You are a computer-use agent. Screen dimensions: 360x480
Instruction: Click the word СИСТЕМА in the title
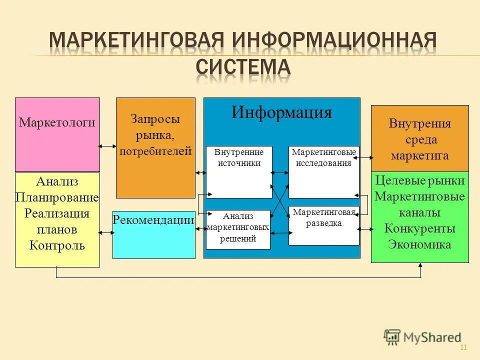243,66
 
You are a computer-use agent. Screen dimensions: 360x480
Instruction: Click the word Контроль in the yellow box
57,245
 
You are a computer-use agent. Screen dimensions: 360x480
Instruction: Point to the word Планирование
57,197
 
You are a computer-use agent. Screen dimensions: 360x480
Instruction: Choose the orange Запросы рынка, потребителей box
155,147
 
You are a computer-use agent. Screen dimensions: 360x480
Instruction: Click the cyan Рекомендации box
153,235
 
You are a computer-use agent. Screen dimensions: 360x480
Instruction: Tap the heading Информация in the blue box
281,112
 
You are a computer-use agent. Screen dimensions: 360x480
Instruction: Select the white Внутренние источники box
239,171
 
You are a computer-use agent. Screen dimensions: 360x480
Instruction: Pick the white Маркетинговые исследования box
323,171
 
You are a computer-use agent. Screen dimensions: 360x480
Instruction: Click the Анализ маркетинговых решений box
238,229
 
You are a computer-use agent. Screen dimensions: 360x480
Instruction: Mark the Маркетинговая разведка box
323,225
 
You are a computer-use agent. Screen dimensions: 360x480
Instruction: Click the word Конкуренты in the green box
419,229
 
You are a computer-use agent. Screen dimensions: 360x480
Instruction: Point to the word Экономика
419,244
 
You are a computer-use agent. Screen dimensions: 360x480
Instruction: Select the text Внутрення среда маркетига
419,139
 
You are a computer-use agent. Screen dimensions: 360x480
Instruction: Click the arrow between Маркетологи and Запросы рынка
107,146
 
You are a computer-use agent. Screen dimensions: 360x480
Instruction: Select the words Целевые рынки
419,180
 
